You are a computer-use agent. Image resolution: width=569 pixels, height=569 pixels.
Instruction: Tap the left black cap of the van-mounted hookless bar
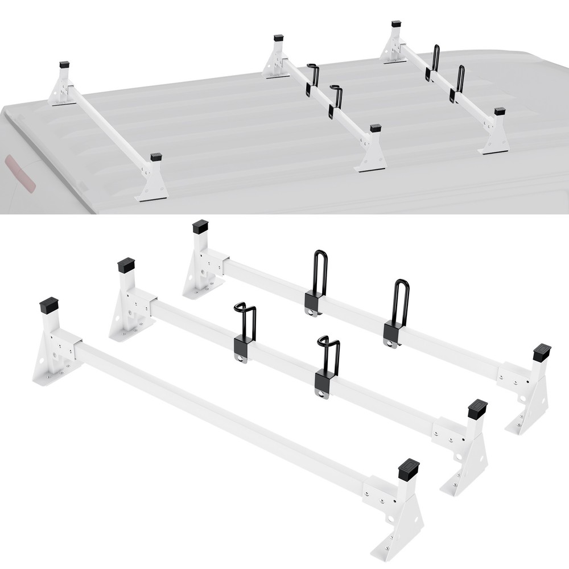pos(64,65)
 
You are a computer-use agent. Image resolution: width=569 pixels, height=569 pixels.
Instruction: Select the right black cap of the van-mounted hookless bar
pos(156,156)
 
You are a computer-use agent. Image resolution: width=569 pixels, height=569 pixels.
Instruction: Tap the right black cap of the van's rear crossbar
pos(500,111)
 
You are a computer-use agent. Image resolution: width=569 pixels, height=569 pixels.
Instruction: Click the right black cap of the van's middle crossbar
pos(375,129)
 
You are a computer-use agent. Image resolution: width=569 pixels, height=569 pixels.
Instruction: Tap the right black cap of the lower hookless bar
pos(409,468)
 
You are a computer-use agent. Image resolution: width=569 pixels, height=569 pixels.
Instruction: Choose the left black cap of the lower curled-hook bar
pos(126,266)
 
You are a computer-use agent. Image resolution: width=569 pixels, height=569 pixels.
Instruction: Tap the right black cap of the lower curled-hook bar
pos(477,408)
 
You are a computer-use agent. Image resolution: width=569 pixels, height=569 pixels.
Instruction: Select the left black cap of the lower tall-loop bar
pos(201,228)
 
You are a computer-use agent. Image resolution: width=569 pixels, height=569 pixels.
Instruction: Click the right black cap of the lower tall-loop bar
pos(541,352)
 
